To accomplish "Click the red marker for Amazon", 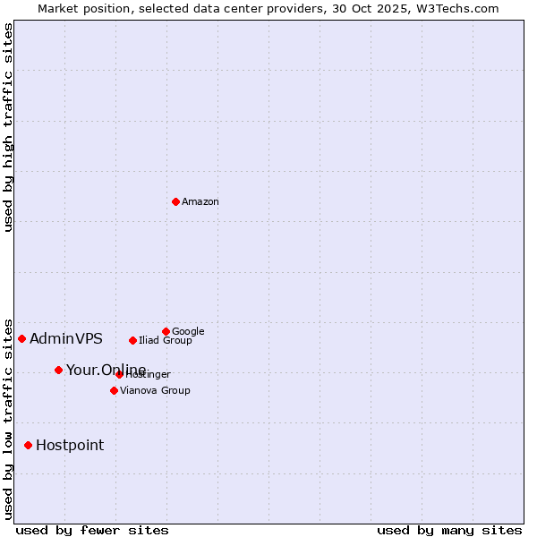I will click(x=175, y=201).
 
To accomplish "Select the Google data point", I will click(x=166, y=331).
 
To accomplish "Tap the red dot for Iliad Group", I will click(x=132, y=340).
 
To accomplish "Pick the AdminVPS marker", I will click(x=21, y=338).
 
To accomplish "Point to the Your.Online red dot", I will click(x=58, y=370).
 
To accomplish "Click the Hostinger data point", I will click(x=119, y=374).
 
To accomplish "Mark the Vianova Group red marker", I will click(x=114, y=390).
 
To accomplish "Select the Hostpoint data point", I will click(x=28, y=445).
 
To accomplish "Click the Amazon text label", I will click(x=200, y=202).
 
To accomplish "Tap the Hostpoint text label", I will click(x=70, y=446).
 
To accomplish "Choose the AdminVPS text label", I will click(x=66, y=339).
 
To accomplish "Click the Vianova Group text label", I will click(x=155, y=391).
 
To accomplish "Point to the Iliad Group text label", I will click(x=166, y=341).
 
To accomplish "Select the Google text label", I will click(x=188, y=332).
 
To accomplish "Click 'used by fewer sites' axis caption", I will click(x=92, y=530).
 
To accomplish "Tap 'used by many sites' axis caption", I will click(x=449, y=530).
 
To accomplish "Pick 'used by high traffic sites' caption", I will click(x=8, y=127).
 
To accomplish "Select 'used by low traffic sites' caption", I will click(x=8, y=419).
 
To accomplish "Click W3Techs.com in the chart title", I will click(x=456, y=8).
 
